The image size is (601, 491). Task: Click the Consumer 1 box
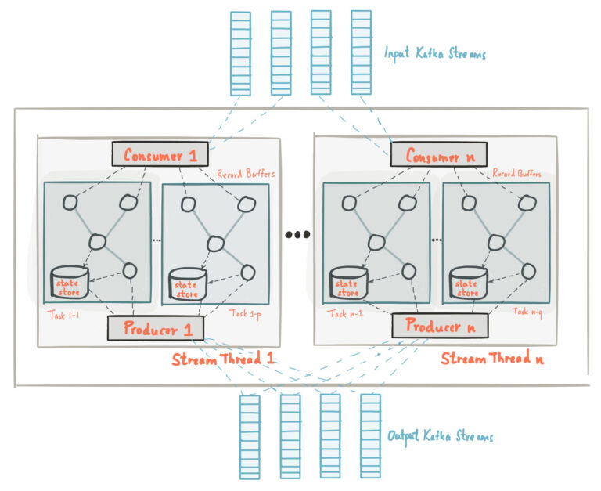[x=160, y=153]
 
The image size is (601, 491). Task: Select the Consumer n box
[x=439, y=154]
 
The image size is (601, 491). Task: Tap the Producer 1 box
[x=156, y=328]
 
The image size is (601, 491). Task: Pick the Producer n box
[x=440, y=326]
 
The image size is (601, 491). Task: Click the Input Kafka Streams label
[x=435, y=53]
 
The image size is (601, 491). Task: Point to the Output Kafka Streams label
[x=440, y=436]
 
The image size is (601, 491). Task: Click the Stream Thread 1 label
[x=223, y=359]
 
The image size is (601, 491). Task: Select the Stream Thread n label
[x=492, y=358]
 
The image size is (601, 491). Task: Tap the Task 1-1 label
[x=63, y=315]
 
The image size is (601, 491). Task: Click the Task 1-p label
[x=245, y=314]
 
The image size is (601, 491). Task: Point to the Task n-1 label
[x=345, y=313]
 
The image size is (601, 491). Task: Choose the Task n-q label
[x=527, y=312]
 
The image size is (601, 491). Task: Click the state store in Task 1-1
[x=70, y=283]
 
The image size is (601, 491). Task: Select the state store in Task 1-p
[x=188, y=284]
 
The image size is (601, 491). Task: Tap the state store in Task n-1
[x=348, y=283]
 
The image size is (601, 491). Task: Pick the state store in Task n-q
[x=468, y=283]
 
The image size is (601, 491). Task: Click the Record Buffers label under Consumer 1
[x=246, y=174]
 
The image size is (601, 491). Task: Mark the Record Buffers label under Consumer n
[x=516, y=173]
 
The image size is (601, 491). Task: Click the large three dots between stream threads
[x=297, y=234]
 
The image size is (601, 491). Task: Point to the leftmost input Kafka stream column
[x=240, y=54]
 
